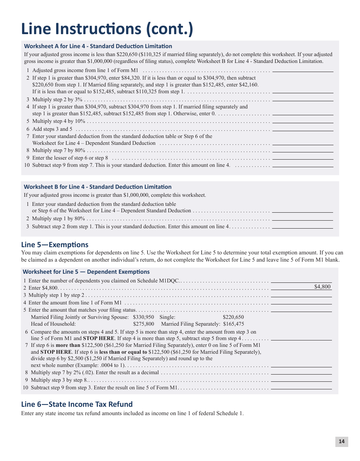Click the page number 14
click(341, 441)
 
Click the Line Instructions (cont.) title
click(107, 29)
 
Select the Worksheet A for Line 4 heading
click(98, 46)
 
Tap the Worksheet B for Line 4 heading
click(98, 187)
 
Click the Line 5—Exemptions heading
click(55, 245)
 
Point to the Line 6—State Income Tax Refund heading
click(77, 404)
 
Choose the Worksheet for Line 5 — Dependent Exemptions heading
click(86, 272)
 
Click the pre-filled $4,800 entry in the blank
click(322, 287)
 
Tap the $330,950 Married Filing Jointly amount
click(144, 317)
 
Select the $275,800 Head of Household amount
click(144, 324)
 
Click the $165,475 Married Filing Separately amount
click(233, 324)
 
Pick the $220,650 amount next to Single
click(233, 317)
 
